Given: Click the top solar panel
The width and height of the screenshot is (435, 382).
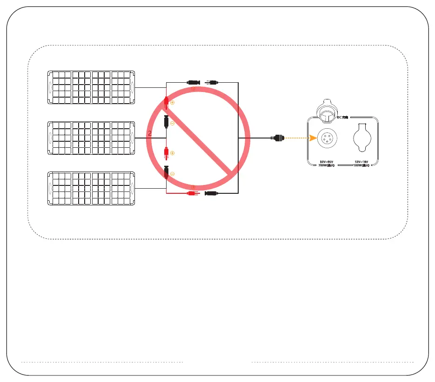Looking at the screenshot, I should (x=91, y=87).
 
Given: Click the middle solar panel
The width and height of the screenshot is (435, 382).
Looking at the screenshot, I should (x=91, y=138).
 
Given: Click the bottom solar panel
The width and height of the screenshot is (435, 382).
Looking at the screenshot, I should (x=91, y=188).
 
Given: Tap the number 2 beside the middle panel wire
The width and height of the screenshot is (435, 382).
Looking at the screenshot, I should (x=150, y=133).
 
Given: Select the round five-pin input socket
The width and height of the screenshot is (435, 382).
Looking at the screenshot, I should (x=325, y=138).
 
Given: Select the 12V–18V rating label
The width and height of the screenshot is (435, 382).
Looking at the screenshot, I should (x=361, y=162).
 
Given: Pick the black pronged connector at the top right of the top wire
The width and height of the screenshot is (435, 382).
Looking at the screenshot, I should (x=212, y=82).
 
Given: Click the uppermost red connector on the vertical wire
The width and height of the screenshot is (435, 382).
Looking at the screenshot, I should (x=166, y=103).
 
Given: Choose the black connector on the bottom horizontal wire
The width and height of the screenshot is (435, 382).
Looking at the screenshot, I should (x=212, y=193).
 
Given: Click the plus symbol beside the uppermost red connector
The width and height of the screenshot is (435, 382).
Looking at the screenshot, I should (x=172, y=102).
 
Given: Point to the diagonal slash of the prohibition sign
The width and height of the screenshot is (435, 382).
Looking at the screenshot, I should (x=198, y=138).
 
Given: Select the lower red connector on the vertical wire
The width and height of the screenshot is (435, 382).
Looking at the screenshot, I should (x=166, y=153).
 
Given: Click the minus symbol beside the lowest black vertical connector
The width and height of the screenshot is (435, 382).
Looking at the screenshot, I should (x=172, y=173).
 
